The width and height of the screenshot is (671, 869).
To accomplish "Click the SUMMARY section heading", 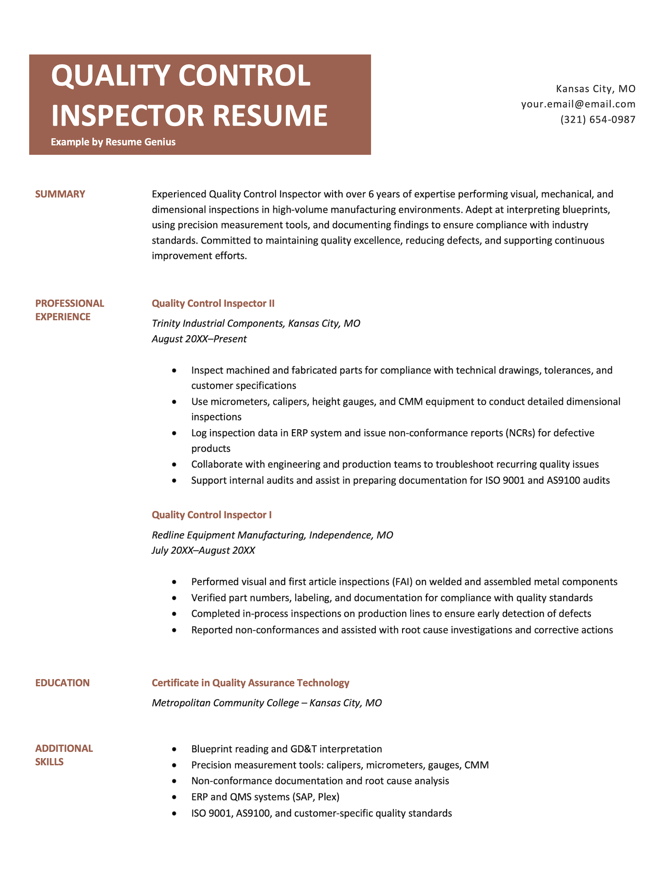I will (60, 194).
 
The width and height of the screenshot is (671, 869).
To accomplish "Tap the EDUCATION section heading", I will (62, 683).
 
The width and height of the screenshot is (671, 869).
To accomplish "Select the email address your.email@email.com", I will (578, 104).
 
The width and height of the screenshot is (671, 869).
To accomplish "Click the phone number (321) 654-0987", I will (598, 119).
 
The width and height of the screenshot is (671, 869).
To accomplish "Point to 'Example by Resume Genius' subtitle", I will (113, 142).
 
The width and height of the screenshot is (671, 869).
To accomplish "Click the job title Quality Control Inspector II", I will (213, 304).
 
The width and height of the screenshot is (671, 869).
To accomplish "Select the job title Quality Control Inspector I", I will (211, 515).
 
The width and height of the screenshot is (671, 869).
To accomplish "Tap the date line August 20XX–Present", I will (199, 339).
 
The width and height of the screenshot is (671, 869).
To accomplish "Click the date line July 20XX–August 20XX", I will (203, 551).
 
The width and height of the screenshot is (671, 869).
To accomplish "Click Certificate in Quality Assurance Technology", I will (250, 683).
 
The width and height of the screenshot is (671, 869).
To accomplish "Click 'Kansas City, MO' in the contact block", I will (595, 89).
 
